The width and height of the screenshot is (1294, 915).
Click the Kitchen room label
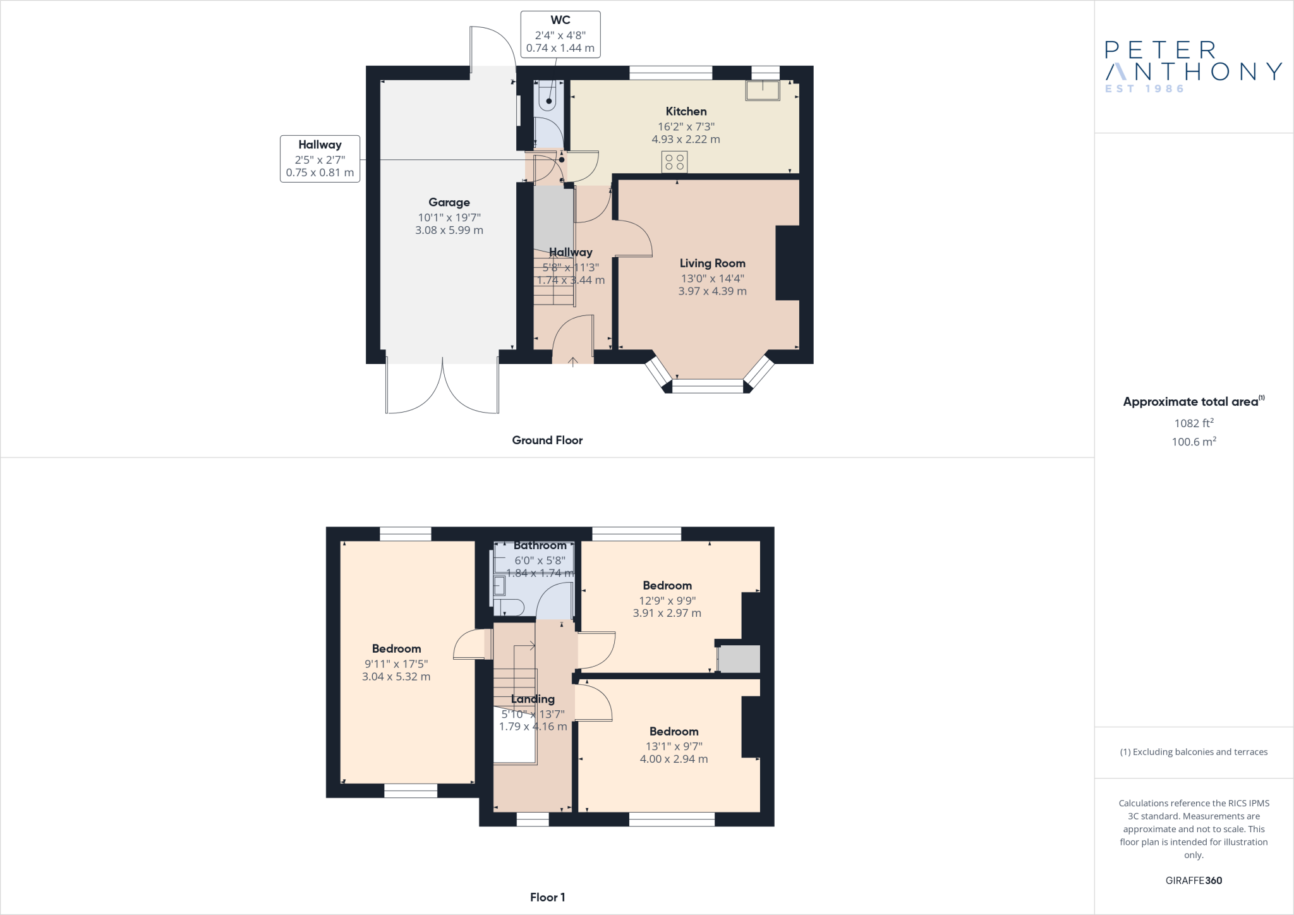point(686,111)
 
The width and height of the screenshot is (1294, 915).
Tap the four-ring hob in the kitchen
point(675,162)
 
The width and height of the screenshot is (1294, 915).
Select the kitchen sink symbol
point(763,90)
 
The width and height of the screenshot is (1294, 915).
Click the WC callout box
point(560,35)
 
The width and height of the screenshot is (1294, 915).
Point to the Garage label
point(449,202)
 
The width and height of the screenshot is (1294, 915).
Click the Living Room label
point(713,264)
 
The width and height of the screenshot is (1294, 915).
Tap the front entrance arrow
point(572,361)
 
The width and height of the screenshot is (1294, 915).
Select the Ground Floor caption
point(547,440)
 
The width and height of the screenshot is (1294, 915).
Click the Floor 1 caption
point(547,897)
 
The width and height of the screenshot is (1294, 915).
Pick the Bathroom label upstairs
point(540,545)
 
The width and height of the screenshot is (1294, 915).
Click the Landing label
point(533,699)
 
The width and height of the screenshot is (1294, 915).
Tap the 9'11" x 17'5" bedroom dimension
point(396,664)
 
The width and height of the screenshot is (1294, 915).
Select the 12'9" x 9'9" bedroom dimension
point(667,601)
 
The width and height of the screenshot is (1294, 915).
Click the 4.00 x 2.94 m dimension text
point(674,759)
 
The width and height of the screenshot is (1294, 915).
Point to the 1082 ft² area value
point(1194,423)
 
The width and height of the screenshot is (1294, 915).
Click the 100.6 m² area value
point(1194,441)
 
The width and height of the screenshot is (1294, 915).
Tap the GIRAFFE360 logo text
point(1194,880)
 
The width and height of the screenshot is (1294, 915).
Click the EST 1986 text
point(1144,89)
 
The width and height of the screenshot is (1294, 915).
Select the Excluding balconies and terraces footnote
point(1194,752)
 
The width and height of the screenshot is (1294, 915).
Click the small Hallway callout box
point(320,159)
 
